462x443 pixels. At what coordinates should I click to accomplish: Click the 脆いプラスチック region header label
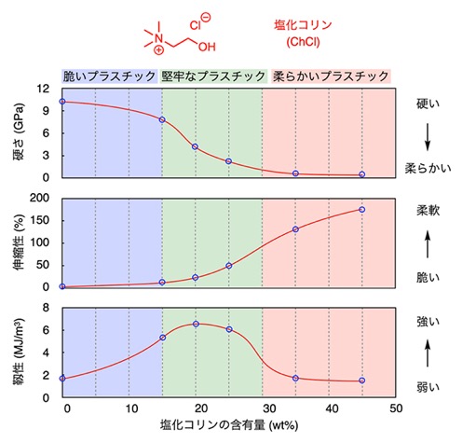pyautogui.click(x=109, y=76)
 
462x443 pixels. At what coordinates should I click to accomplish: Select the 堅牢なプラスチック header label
pyautogui.click(x=213, y=76)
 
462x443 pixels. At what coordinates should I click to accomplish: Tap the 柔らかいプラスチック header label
pyautogui.click(x=331, y=76)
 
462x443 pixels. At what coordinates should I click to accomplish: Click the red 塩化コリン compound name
pyautogui.click(x=303, y=25)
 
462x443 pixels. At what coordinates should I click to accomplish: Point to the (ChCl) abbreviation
pyautogui.click(x=303, y=42)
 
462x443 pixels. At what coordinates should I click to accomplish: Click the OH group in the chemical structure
pyautogui.click(x=207, y=47)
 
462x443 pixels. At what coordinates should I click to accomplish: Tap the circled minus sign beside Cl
pyautogui.click(x=206, y=17)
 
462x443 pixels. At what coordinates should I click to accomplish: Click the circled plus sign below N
pyautogui.click(x=158, y=49)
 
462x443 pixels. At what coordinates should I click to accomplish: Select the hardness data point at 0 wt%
pyautogui.click(x=62, y=102)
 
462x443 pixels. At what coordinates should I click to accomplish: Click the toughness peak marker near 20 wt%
pyautogui.click(x=196, y=324)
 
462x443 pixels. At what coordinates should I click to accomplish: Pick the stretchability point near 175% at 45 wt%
pyautogui.click(x=361, y=210)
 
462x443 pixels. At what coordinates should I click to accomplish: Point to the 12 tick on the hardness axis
pyautogui.click(x=43, y=89)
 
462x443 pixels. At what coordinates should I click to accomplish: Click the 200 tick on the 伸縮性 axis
pyautogui.click(x=39, y=198)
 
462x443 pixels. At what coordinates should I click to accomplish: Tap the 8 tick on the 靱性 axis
pyautogui.click(x=46, y=308)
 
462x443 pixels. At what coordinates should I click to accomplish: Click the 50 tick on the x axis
pyautogui.click(x=396, y=408)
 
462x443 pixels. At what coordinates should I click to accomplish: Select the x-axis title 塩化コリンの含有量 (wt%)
pyautogui.click(x=229, y=424)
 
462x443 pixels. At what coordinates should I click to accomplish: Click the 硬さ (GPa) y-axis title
pyautogui.click(x=19, y=133)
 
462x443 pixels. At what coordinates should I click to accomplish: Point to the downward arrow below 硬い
pyautogui.click(x=428, y=137)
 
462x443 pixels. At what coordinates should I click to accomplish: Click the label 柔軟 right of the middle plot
pyautogui.click(x=428, y=211)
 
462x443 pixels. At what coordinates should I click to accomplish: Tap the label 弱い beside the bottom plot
pyautogui.click(x=428, y=387)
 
